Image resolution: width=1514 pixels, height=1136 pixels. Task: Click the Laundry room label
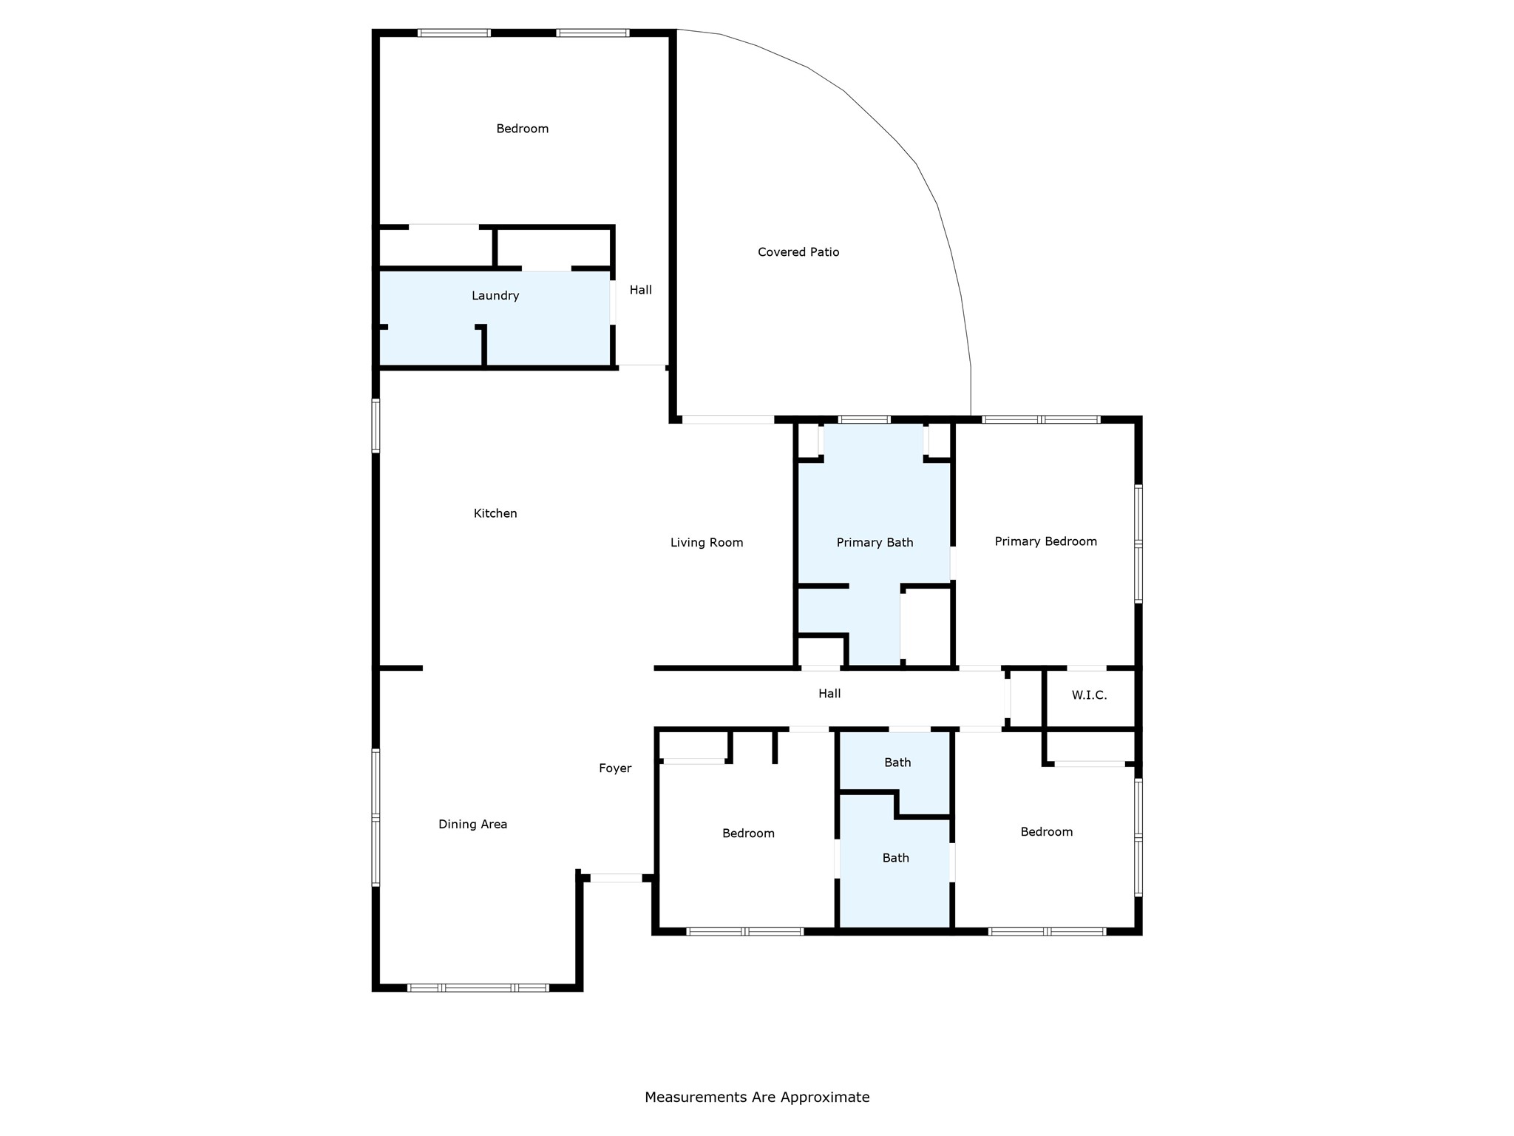495,296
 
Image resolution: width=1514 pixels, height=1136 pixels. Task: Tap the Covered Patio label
798,252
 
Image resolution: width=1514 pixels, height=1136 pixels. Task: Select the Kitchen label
495,513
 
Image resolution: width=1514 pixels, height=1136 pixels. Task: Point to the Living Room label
707,543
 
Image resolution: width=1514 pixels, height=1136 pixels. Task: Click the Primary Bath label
875,543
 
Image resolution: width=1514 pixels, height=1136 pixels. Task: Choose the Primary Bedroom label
1045,541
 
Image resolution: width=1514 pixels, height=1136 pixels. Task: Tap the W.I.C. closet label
1089,695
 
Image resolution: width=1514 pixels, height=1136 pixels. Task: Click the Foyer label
615,768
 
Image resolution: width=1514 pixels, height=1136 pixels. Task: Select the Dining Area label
472,825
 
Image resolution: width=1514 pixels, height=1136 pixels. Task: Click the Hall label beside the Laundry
641,290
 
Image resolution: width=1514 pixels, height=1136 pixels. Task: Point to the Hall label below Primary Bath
829,694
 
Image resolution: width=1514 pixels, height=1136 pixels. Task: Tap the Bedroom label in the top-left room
522,129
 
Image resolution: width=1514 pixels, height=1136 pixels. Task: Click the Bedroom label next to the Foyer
748,834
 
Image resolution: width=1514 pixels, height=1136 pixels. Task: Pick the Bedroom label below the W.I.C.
1046,832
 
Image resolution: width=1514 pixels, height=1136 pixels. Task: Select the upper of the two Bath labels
897,763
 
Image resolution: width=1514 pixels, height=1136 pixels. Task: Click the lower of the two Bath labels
895,858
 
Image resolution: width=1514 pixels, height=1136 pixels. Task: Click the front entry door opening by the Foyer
616,878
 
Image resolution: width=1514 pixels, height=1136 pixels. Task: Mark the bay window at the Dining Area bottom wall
478,987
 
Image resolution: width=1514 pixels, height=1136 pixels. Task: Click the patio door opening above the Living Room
727,419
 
